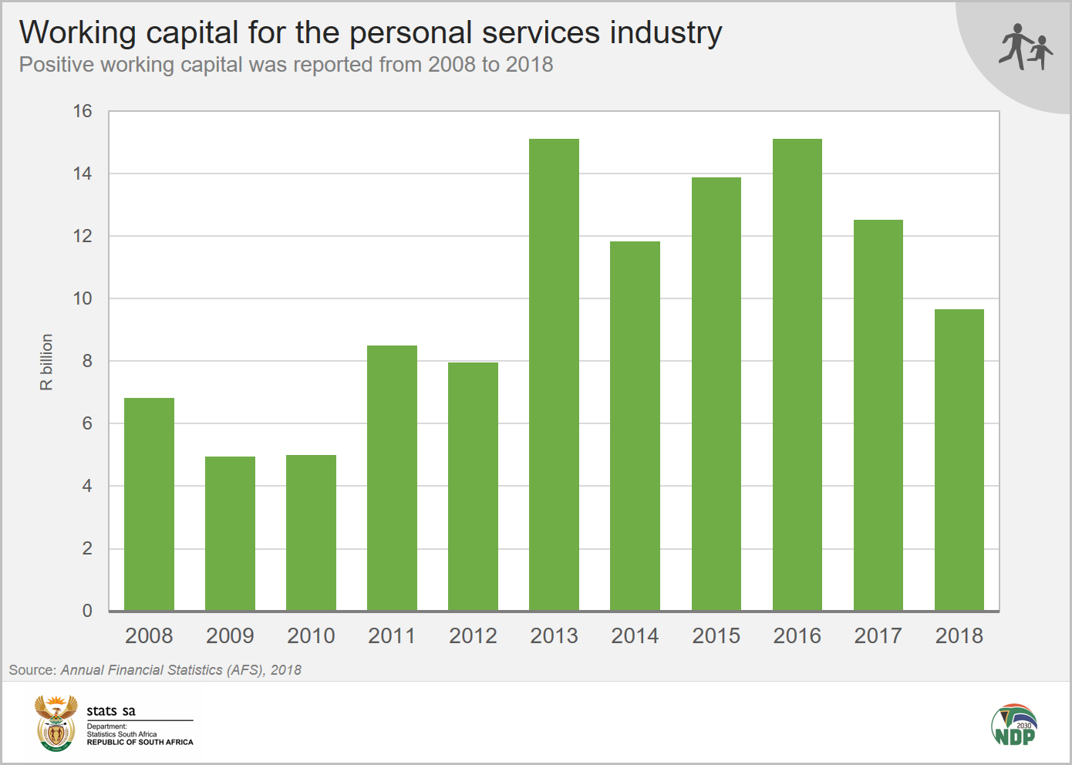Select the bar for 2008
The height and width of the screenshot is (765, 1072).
tap(149, 504)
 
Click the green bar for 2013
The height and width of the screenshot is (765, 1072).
tap(554, 375)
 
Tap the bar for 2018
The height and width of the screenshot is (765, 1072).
tap(959, 460)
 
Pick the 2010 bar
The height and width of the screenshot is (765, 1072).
tap(311, 533)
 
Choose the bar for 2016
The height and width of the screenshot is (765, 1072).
tap(797, 375)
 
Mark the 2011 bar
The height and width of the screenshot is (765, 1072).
tap(392, 478)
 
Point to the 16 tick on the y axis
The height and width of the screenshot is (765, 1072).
tap(83, 112)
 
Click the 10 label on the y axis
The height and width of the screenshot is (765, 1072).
tap(83, 299)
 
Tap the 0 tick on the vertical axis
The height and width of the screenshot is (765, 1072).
tap(87, 611)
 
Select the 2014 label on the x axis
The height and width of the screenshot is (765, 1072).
tap(635, 636)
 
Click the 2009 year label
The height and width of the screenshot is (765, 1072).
tap(230, 636)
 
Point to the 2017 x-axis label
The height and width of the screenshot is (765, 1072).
tap(878, 636)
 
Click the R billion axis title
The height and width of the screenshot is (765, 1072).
tap(47, 362)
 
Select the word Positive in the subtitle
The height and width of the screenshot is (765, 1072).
tap(52, 65)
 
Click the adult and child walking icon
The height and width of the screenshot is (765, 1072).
tap(1026, 47)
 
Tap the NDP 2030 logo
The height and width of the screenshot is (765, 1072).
tap(1014, 725)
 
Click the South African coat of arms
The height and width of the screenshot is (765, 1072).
tap(56, 723)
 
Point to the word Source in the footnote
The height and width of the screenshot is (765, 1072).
tap(32, 670)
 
